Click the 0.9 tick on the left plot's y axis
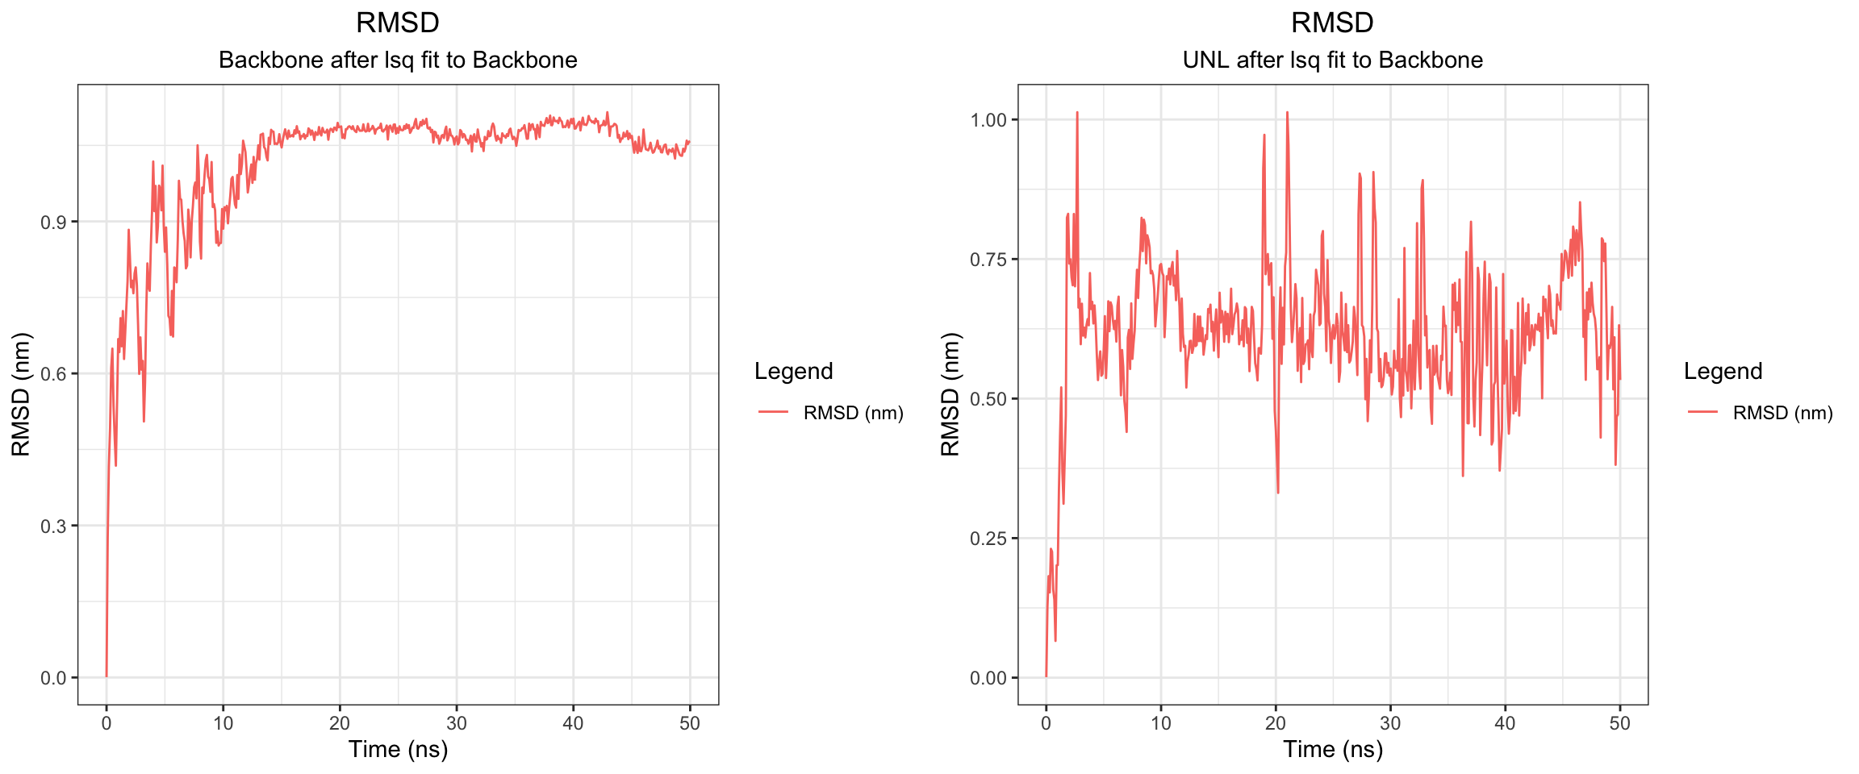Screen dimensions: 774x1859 pos(53,222)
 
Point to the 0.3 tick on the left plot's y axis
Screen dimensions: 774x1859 pos(53,526)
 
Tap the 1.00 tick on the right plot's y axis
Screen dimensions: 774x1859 pos(988,120)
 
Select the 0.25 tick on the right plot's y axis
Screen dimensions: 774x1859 pos(988,539)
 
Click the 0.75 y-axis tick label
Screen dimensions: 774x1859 pos(988,260)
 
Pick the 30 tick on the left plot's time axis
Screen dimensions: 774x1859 pos(457,723)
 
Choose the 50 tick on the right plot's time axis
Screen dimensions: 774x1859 pos(1619,723)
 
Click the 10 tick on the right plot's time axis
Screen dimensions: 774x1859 pos(1160,723)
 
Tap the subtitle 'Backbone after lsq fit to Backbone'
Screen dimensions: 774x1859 pos(398,60)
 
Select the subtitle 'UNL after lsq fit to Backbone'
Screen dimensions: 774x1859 pos(1332,60)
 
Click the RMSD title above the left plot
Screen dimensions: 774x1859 pos(398,23)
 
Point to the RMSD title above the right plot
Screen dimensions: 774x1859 pos(1332,23)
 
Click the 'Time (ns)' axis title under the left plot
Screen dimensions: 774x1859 pos(398,750)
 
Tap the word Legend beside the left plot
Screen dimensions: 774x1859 pos(793,371)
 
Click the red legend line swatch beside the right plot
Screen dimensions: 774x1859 pos(1702,413)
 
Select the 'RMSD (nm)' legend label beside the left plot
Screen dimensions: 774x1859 pos(853,413)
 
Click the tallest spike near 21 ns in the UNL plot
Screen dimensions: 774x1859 pos(1287,113)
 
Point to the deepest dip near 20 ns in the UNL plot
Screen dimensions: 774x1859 pos(1278,492)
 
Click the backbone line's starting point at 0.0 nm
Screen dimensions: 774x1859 pos(107,676)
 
